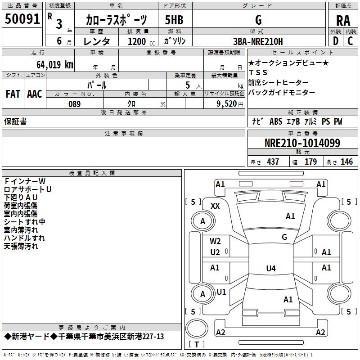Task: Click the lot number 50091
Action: coord(22,19)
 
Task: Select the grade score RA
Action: coord(343,21)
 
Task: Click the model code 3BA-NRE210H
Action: coord(258,41)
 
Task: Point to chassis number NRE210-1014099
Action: coord(302,144)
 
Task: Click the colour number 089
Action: coord(75,104)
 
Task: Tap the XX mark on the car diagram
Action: coord(215,206)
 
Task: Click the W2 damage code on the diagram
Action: coord(215,241)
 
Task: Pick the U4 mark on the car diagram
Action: coord(270,269)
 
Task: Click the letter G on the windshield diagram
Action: coord(284,237)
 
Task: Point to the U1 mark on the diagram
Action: coord(221,292)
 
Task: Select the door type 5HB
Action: coord(174,20)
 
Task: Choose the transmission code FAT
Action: coord(13,94)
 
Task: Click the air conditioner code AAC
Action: coord(34,94)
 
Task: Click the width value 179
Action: coord(310,162)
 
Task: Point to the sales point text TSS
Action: coord(258,72)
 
